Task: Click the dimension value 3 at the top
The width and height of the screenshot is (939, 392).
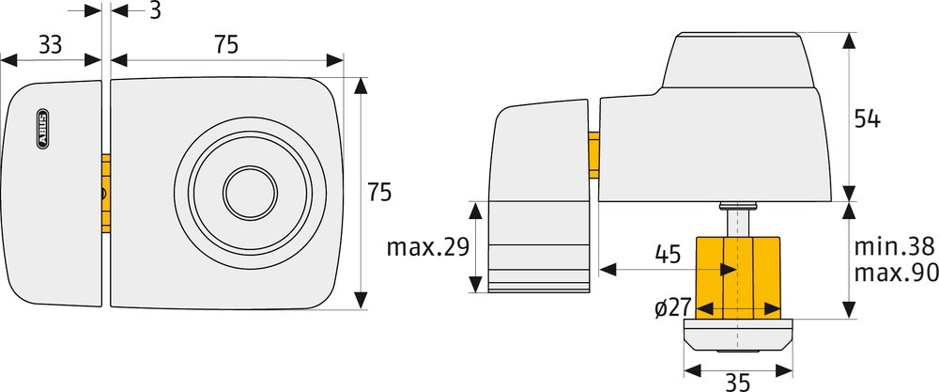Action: click(x=154, y=11)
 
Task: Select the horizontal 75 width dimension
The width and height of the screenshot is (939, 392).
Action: click(x=225, y=43)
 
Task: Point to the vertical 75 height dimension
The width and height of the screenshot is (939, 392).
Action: click(x=379, y=192)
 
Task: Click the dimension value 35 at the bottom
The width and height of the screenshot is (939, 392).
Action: click(x=736, y=381)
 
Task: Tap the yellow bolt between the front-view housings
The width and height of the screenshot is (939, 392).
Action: click(x=106, y=194)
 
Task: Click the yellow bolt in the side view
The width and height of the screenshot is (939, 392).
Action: click(x=593, y=155)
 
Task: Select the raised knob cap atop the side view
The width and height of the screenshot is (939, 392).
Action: click(x=737, y=59)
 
